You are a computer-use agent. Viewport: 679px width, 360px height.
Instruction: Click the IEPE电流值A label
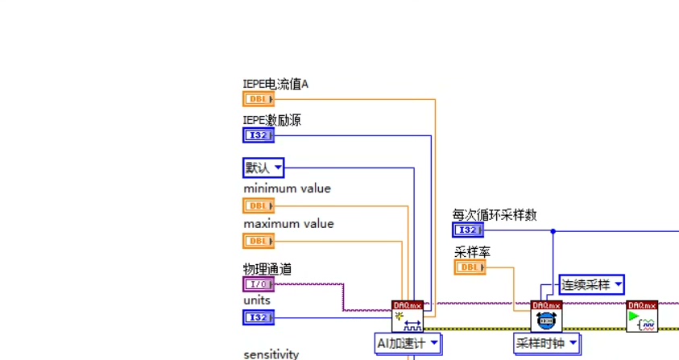(276, 83)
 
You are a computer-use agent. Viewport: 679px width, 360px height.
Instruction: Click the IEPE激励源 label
(272, 120)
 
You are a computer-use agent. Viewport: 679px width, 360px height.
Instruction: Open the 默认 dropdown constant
(263, 168)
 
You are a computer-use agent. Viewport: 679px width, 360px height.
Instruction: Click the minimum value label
(287, 188)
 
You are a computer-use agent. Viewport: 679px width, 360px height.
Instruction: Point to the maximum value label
(288, 224)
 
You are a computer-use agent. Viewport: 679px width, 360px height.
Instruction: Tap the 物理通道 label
(268, 269)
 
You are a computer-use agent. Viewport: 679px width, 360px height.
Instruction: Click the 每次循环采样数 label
(495, 214)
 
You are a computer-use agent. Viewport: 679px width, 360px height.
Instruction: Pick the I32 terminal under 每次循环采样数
(468, 230)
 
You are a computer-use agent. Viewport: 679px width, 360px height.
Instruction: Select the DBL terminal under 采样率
(470, 267)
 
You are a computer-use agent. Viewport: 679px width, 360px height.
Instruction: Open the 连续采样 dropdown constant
(592, 284)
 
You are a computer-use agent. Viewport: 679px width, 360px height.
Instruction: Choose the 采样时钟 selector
(548, 344)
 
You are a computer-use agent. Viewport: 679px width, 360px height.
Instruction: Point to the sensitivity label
(271, 354)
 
